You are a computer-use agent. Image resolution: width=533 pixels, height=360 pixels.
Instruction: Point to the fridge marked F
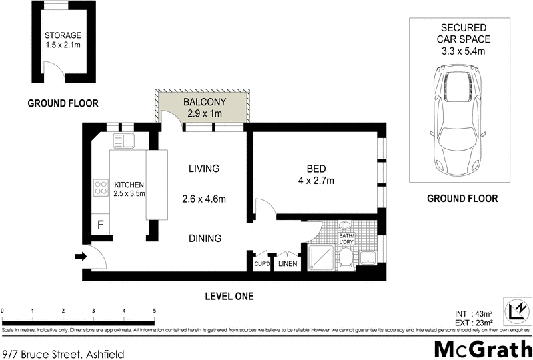pyautogui.click(x=101, y=225)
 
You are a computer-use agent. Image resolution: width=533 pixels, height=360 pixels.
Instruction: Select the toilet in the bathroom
pyautogui.click(x=345, y=258)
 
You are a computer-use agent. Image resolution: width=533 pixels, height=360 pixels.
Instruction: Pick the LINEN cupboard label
pyautogui.click(x=288, y=264)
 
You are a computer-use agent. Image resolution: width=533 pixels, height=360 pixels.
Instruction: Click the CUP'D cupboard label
pyautogui.click(x=261, y=264)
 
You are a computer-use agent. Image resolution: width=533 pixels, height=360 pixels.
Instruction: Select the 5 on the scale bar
pyautogui.click(x=155, y=311)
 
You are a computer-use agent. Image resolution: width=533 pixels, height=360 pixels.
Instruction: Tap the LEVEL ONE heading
pyautogui.click(x=229, y=296)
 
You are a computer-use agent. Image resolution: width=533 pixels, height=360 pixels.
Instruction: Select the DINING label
pyautogui.click(x=204, y=239)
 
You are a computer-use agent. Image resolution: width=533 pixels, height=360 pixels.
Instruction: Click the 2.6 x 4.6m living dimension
pyautogui.click(x=204, y=199)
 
